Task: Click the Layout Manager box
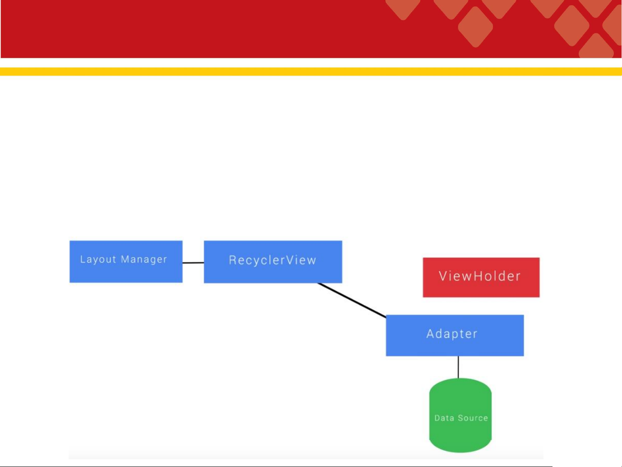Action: (126, 261)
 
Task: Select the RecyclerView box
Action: (273, 262)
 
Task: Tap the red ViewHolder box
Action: (481, 277)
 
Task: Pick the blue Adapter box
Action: (455, 335)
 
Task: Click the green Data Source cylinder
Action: (461, 416)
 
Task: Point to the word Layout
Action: (98, 260)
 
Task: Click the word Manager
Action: (144, 260)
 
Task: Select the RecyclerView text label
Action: (272, 261)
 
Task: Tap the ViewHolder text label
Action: (480, 276)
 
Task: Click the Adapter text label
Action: (452, 334)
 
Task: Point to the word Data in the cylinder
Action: (444, 418)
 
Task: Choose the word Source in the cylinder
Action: (473, 418)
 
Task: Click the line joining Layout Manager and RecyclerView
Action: (193, 263)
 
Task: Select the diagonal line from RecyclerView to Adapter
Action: (352, 300)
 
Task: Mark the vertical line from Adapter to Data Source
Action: (458, 367)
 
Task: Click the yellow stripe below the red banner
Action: (311, 71)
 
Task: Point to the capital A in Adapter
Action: (430, 334)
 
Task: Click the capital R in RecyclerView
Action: (233, 261)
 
